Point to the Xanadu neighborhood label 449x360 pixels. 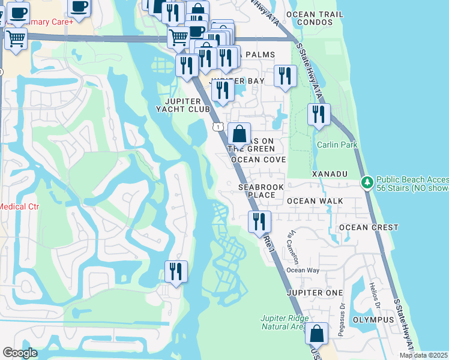coord(330,174)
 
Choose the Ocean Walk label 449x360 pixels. coord(315,201)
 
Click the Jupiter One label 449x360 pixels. coord(315,292)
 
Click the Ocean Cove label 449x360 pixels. coord(258,160)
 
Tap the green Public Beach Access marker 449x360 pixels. coord(367,182)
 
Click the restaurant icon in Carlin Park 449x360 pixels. coord(319,113)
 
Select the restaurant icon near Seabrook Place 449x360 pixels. coord(259,221)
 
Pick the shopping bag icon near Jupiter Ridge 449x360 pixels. coord(316,334)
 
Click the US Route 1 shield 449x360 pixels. coord(217,125)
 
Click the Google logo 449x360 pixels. coord(20,353)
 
